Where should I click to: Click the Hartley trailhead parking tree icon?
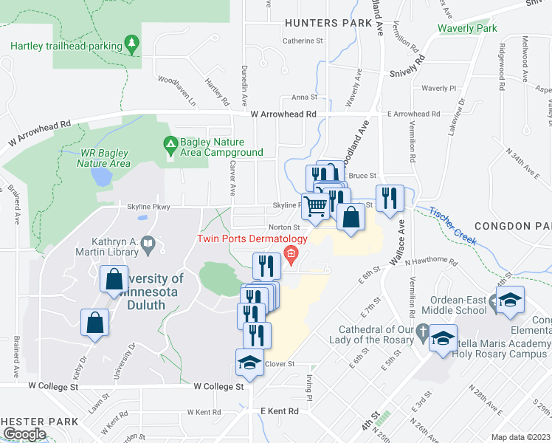point(131,44)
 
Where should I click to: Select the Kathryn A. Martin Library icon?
point(148,243)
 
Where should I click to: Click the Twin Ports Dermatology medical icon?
point(291,256)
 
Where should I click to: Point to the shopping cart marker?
point(316,207)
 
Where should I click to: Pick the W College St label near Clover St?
point(218,386)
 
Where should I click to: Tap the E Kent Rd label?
point(278,411)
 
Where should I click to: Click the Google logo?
point(25,433)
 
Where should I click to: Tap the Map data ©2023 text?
point(521,437)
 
